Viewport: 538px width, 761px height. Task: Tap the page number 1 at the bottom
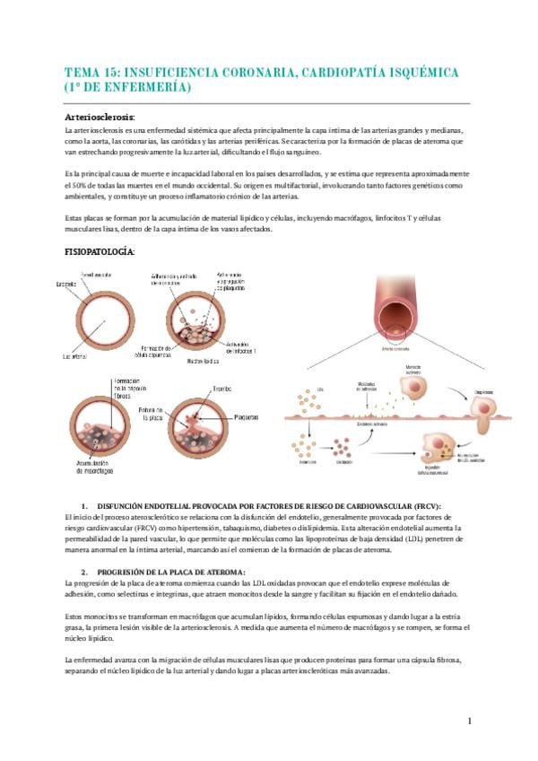point(469,721)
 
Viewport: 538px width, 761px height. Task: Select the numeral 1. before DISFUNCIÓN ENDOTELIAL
point(84,507)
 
